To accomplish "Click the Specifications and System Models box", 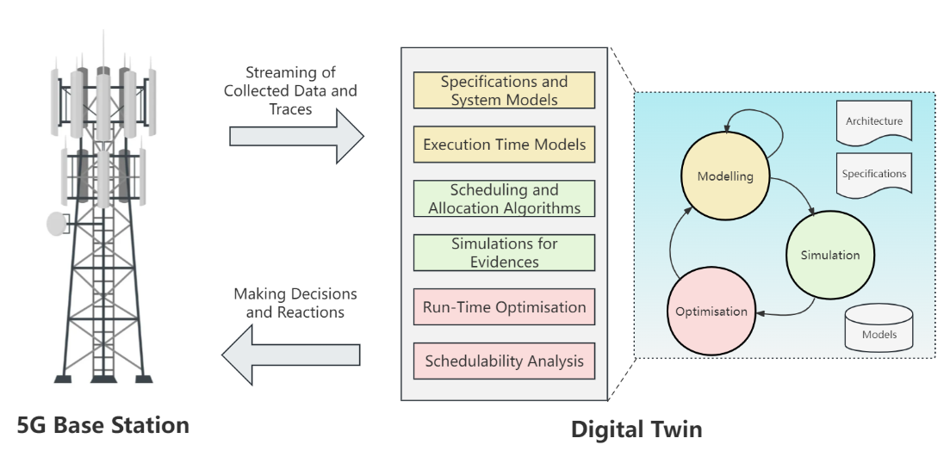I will (504, 90).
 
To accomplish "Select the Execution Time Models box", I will (504, 144).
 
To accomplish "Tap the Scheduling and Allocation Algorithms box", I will (504, 198).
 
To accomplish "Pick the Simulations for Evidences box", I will (504, 252).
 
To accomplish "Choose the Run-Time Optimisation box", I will (504, 306).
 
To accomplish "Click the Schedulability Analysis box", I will (504, 361).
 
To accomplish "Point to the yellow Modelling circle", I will (724, 176).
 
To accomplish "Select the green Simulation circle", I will (829, 255).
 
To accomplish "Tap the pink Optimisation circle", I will (711, 311).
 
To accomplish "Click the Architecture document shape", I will (873, 122).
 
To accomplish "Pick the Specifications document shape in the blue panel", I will (873, 175).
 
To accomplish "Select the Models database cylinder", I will (879, 329).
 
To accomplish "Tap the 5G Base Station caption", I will (102, 425).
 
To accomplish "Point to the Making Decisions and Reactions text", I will (295, 303).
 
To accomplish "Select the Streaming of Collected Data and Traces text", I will (289, 90).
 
